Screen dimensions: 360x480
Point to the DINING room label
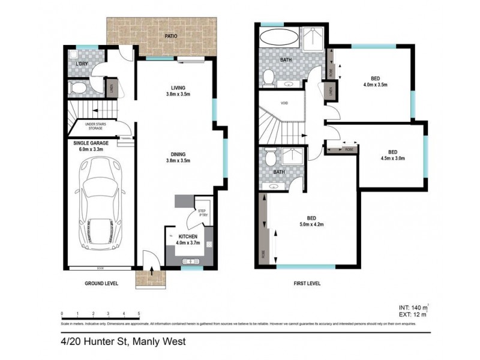point(178,156)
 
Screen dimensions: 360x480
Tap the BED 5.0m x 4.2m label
point(311,221)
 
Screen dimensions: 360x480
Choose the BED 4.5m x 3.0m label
point(392,155)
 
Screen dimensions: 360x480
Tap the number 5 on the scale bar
point(139,313)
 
